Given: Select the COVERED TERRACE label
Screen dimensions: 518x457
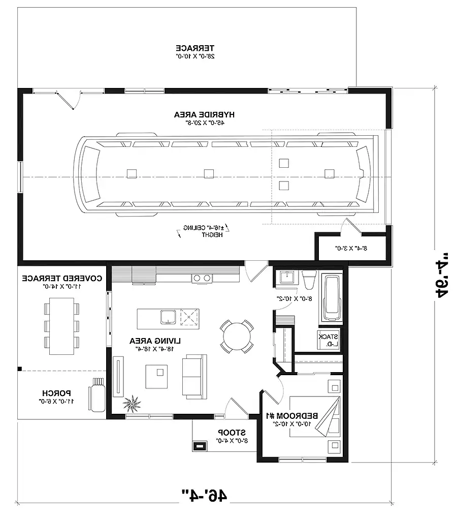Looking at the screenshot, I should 62,279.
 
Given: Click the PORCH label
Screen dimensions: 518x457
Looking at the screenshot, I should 56,393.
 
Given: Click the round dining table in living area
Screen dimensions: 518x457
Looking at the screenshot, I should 237,336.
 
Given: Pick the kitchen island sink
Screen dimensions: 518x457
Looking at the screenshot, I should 168,317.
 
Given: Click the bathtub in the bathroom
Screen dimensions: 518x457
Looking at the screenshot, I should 332,299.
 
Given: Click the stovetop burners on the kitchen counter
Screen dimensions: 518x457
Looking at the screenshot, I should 202,278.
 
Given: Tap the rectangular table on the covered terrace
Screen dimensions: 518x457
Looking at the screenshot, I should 61,328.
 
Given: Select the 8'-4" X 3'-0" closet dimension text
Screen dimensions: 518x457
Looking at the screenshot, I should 350,249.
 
